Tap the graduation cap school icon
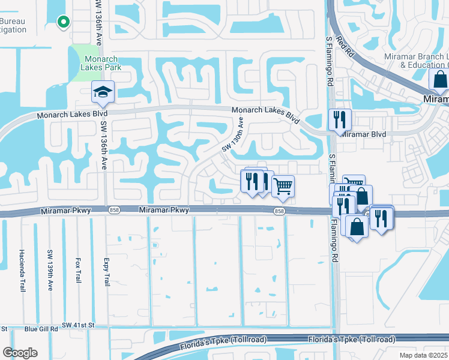point(103,92)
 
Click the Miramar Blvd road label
point(363,134)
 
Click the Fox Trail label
point(78,271)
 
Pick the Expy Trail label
point(106,271)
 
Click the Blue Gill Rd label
point(41,329)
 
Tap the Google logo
point(20,352)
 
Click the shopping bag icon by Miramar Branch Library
point(439,80)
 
